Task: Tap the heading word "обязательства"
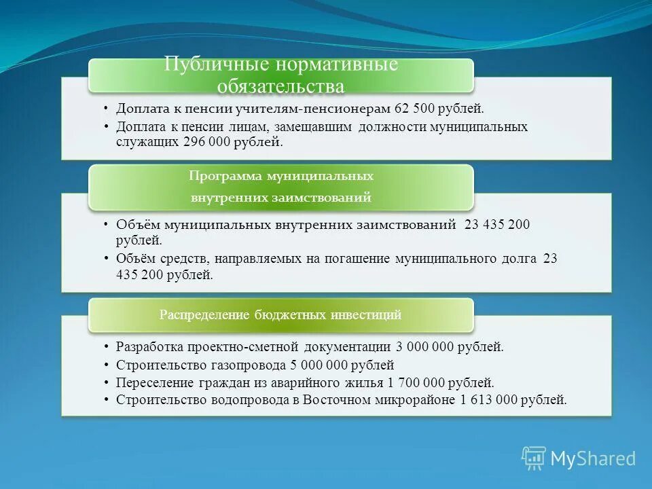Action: tap(280, 87)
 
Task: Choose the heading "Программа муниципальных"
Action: tap(280, 176)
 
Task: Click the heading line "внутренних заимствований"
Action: tap(280, 198)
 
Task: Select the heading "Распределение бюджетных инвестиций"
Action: tap(280, 314)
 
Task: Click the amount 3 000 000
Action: tap(424, 346)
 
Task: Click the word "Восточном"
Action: tap(331, 400)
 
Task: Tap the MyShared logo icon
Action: tap(533, 458)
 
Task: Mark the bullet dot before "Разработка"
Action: tap(107, 346)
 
